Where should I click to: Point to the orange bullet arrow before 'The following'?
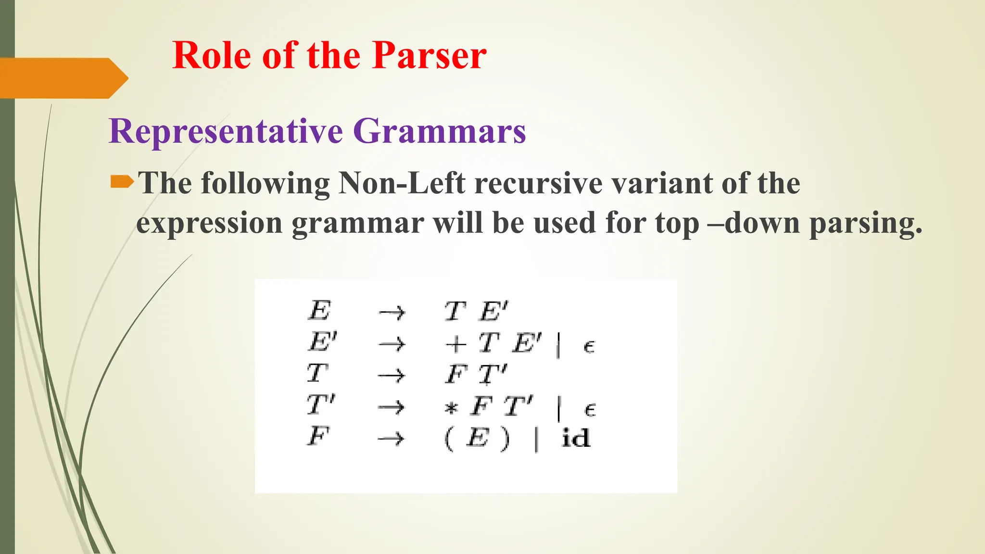[122, 182]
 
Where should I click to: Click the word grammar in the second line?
[358, 224]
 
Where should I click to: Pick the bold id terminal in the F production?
[575, 438]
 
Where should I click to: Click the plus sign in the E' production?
[455, 344]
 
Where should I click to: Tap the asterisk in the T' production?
[451, 409]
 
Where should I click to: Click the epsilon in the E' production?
[589, 346]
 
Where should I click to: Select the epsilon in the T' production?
[590, 409]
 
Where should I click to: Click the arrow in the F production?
[391, 438]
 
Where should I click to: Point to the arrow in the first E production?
[392, 313]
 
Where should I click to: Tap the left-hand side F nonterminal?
[318, 436]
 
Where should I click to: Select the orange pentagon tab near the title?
[63, 78]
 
